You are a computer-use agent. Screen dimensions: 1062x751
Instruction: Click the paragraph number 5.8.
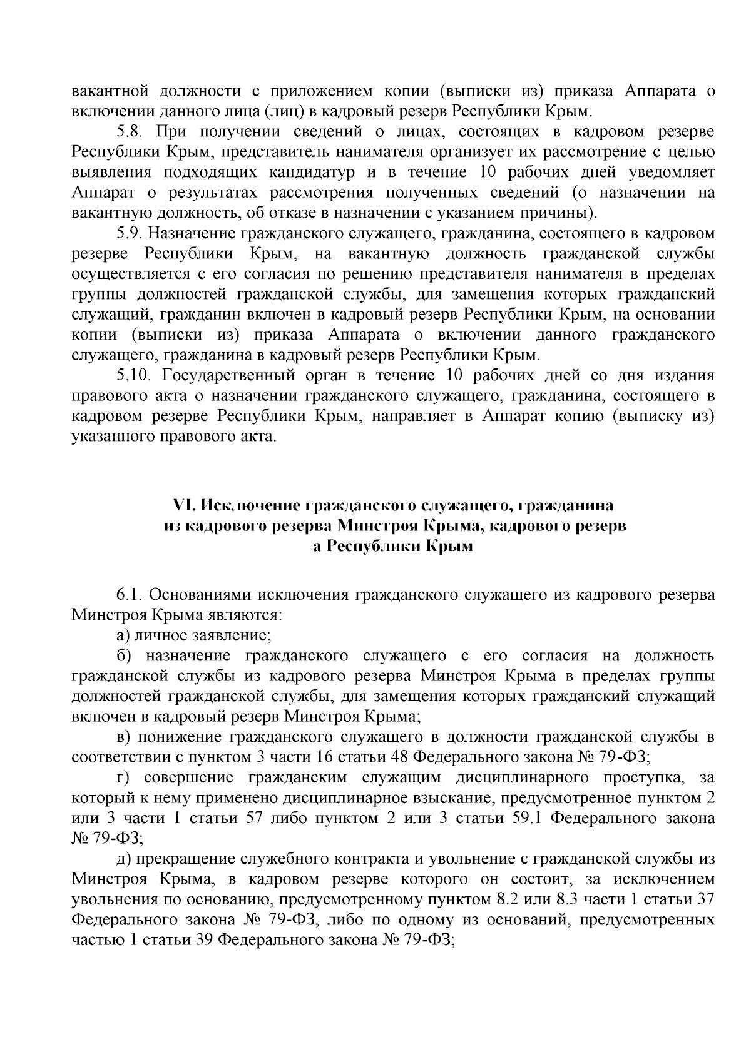(x=129, y=132)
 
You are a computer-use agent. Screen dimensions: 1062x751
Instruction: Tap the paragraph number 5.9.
(x=130, y=234)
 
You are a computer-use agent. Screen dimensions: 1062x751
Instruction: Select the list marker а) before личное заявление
(x=123, y=635)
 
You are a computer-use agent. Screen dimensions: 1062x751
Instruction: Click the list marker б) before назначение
(x=123, y=655)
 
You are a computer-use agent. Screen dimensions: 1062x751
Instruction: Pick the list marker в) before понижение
(x=123, y=737)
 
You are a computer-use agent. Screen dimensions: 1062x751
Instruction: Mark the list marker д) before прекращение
(x=123, y=859)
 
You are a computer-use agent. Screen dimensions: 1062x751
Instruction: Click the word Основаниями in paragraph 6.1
(x=201, y=594)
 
